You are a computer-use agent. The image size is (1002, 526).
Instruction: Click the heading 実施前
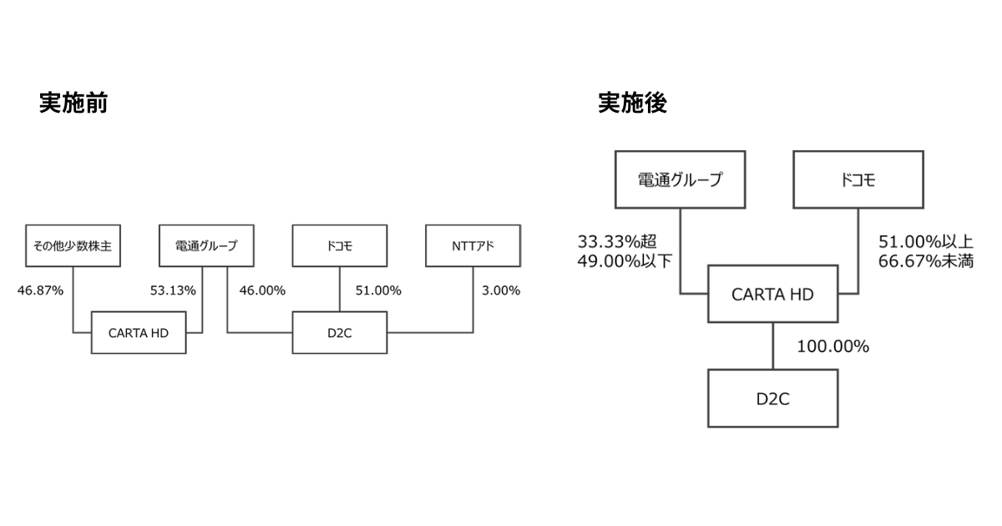tap(73, 103)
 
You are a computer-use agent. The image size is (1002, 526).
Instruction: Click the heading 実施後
tap(632, 103)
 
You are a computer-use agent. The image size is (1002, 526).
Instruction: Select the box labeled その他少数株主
tap(73, 246)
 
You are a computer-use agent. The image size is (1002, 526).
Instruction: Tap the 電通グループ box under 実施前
tap(206, 246)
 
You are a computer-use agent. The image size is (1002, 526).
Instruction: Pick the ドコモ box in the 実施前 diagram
tap(340, 246)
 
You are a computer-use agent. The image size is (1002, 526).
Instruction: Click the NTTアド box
tap(473, 246)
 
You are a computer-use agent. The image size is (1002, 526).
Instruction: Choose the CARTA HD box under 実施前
tap(139, 332)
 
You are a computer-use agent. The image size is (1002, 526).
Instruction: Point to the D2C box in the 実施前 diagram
tap(340, 332)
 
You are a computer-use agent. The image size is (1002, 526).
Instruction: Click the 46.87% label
tap(40, 291)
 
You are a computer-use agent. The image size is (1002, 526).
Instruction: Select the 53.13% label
tap(173, 291)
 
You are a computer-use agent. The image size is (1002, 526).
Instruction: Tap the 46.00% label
tap(262, 291)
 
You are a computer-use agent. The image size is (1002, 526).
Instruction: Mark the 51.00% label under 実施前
tap(378, 291)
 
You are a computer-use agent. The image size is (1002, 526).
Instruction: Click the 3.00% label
tap(501, 291)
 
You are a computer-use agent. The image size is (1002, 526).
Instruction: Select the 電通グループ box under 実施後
tap(680, 180)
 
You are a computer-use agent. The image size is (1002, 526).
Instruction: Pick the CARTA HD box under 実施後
tap(772, 294)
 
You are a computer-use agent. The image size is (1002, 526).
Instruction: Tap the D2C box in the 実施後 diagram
tap(772, 398)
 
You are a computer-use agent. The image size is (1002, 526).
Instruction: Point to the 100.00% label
tap(832, 346)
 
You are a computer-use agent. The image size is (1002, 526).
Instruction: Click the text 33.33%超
tap(617, 241)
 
